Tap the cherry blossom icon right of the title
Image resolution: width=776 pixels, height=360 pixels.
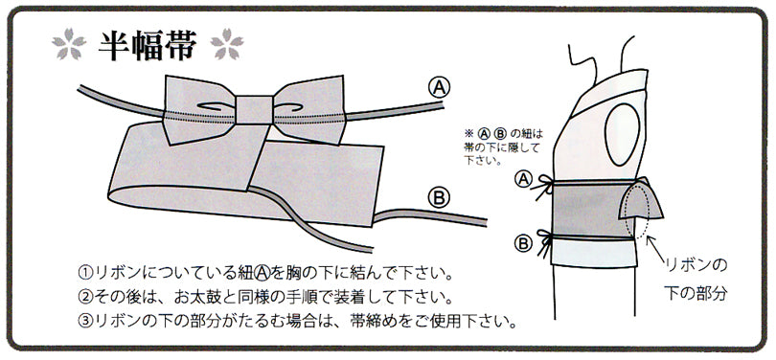coord(226,44)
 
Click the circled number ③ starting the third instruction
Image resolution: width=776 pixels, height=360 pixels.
coord(86,320)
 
